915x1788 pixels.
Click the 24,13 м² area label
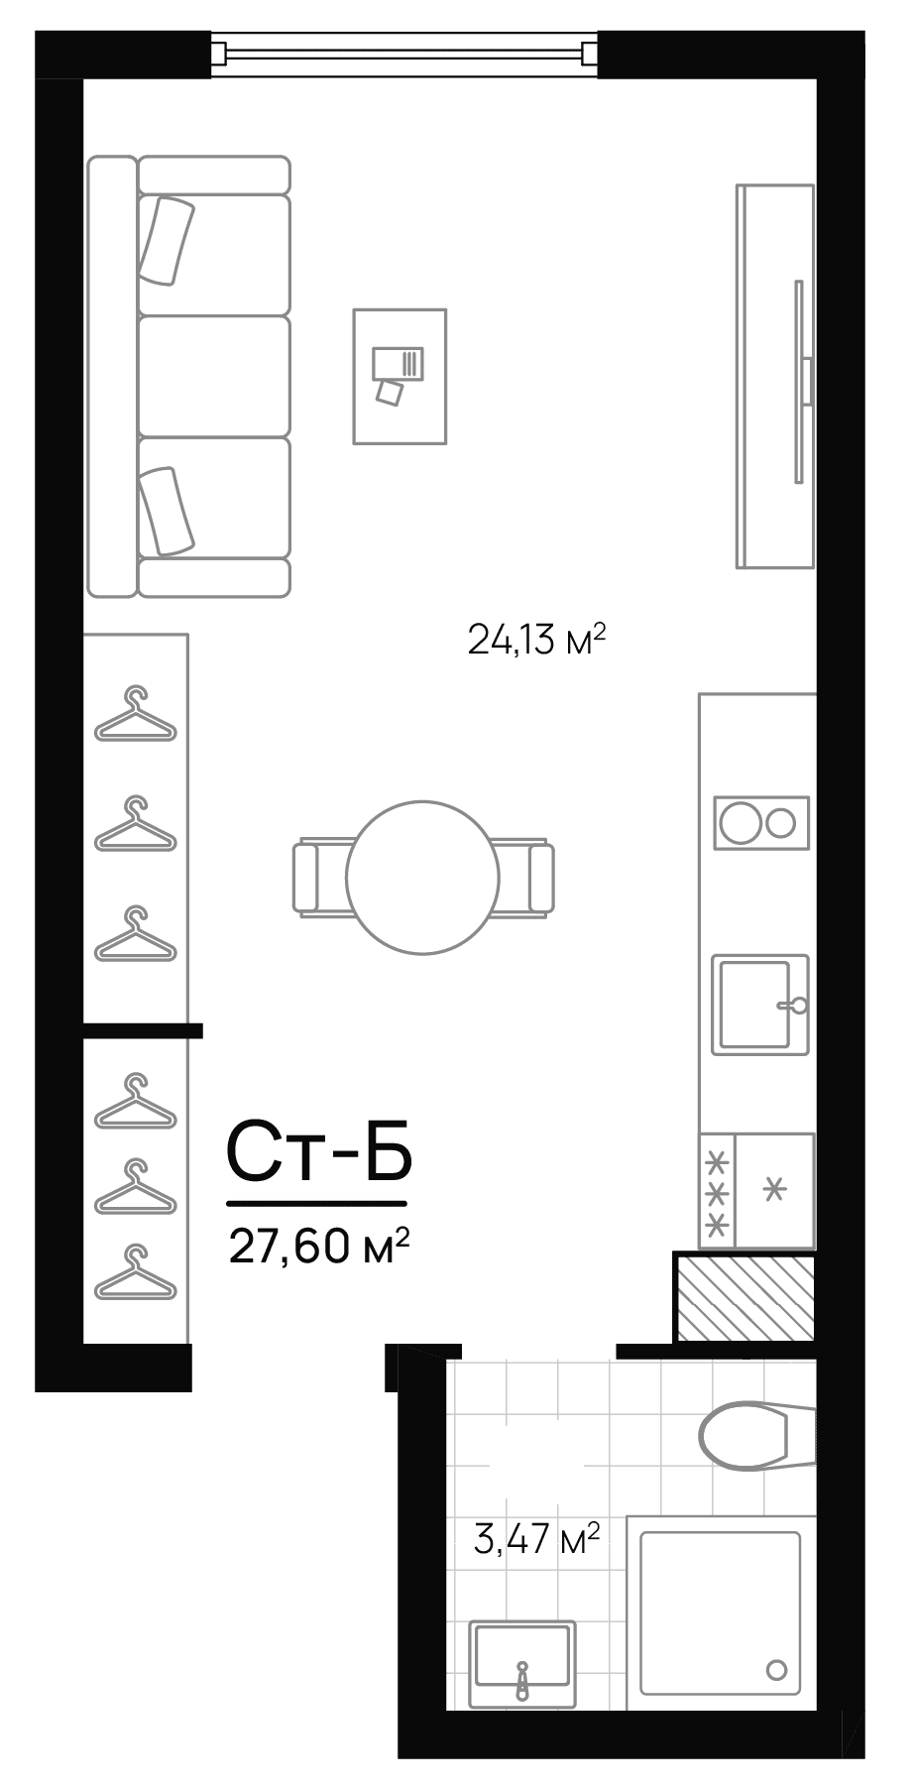(535, 641)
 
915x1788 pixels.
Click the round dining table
(422, 877)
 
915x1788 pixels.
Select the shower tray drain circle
(777, 1670)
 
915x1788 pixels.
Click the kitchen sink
(755, 1004)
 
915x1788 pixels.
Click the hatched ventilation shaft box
(744, 1298)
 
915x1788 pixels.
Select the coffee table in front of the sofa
(400, 376)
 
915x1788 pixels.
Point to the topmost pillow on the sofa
(166, 240)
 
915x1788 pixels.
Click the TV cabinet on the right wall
(774, 377)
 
